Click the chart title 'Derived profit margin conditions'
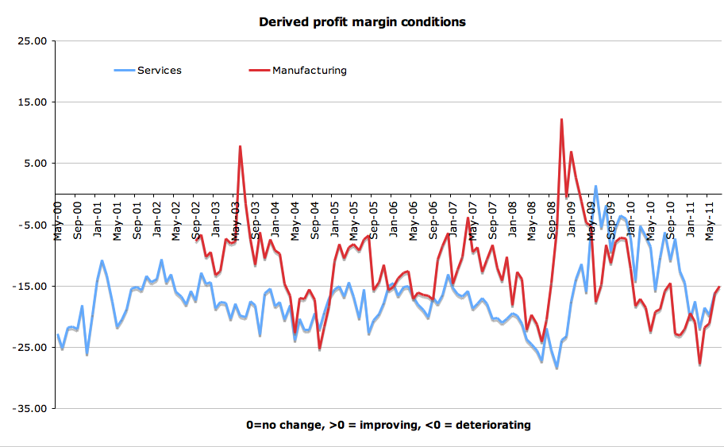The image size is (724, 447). [x=362, y=21]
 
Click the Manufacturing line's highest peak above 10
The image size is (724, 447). [x=561, y=120]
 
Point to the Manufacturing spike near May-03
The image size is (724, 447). [x=240, y=147]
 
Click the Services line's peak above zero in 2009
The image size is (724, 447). [x=595, y=187]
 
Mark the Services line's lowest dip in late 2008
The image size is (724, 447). [x=556, y=368]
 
